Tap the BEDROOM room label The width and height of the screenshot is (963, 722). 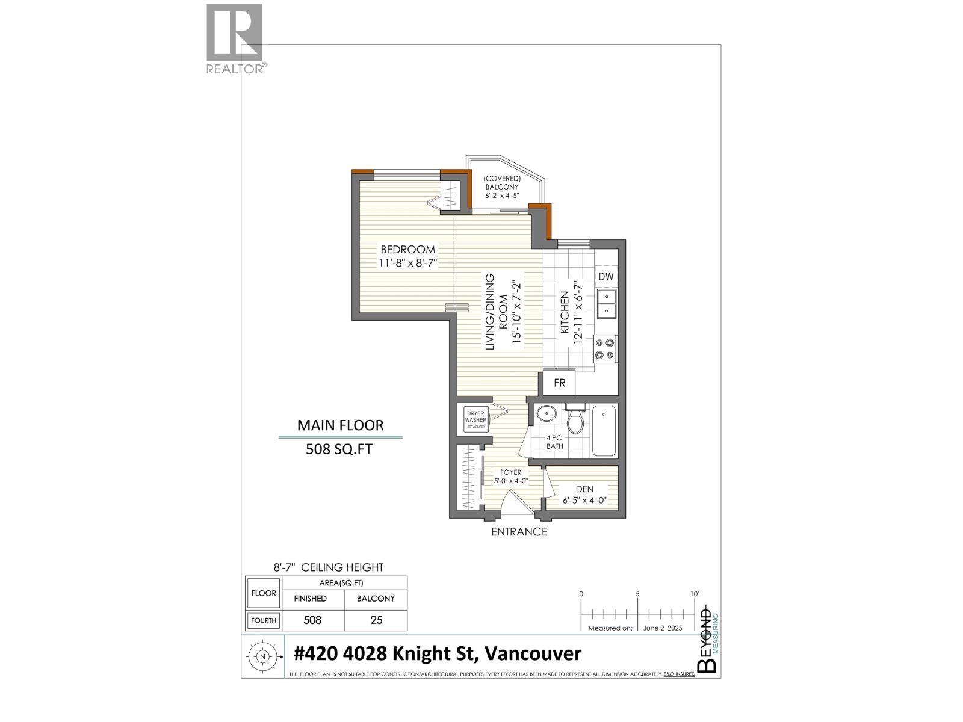coord(407,250)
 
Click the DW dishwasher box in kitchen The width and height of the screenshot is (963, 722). coord(606,277)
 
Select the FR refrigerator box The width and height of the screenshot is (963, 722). coord(559,383)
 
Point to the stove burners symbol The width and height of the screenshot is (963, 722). coord(605,349)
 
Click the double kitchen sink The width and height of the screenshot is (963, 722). coord(606,304)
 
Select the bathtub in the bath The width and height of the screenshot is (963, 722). coord(604,431)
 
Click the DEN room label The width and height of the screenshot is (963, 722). coord(584,489)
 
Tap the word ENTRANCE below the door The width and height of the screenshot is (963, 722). coord(519,532)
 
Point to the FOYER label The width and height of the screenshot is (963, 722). coord(511,472)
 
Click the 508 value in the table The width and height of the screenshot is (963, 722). coord(312,620)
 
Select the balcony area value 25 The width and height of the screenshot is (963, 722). coord(376,620)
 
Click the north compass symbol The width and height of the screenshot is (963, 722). coord(262,657)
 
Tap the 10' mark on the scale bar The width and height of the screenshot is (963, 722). coord(694,594)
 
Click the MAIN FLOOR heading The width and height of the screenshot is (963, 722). coord(340,425)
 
